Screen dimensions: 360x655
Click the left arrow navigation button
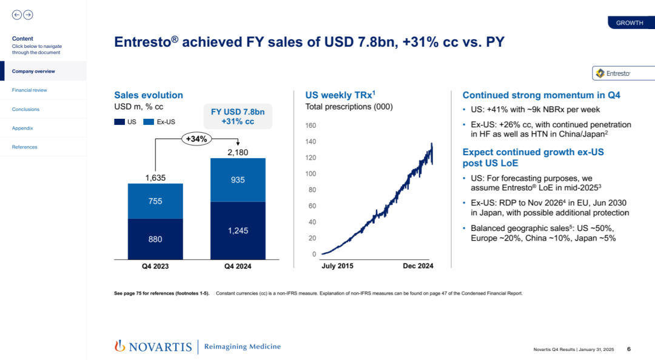click(16, 15)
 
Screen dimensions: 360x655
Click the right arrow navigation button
click(28, 15)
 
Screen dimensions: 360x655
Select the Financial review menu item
click(29, 90)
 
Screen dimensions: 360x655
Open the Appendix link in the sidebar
click(22, 128)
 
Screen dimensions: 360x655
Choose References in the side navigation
click(24, 147)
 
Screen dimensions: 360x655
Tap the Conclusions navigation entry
click(25, 109)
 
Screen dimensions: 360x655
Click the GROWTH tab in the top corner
click(630, 23)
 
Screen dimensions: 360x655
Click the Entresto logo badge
click(622, 73)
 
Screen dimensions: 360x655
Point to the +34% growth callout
click(196, 139)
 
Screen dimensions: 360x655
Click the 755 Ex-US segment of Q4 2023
click(155, 201)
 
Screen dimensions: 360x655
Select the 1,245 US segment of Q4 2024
click(237, 230)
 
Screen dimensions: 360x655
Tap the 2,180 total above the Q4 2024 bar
click(237, 153)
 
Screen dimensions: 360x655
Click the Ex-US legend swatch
click(149, 122)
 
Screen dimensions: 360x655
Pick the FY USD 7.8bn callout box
click(238, 116)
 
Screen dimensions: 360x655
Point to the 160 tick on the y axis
click(311, 126)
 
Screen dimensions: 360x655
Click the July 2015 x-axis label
click(337, 265)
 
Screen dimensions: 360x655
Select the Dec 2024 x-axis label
click(418, 265)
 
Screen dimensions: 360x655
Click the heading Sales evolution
click(149, 95)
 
